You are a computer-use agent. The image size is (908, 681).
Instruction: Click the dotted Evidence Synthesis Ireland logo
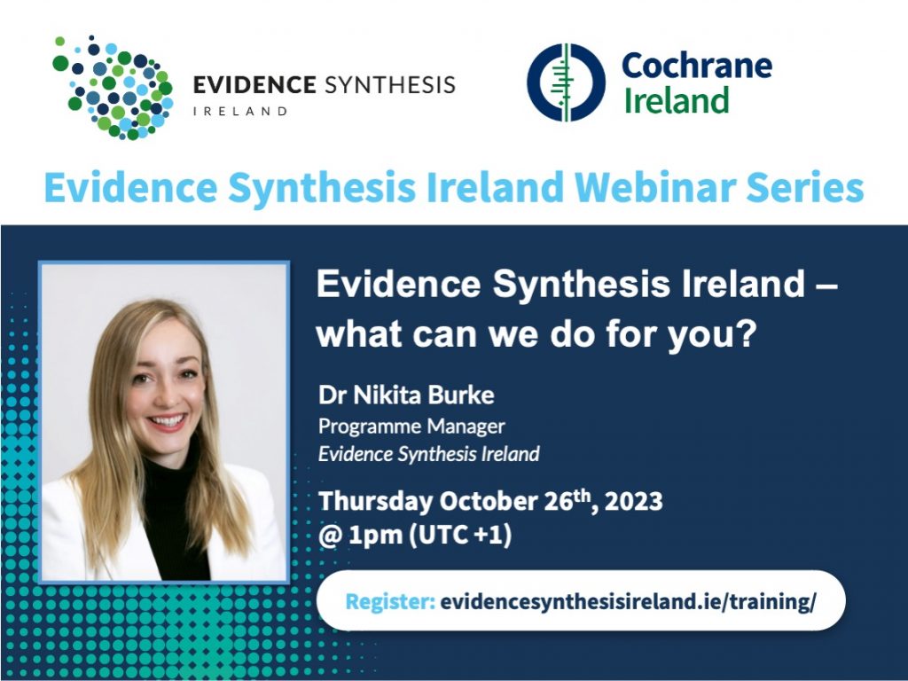point(113,88)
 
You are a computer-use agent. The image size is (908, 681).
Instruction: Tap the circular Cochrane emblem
point(566,82)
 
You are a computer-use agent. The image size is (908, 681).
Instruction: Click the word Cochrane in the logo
point(697,65)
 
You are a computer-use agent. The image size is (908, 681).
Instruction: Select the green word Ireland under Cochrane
point(676,100)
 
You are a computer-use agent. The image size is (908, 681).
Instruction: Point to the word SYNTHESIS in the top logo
point(390,85)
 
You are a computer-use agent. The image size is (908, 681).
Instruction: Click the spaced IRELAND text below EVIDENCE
point(240,111)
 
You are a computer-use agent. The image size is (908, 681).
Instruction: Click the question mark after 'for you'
point(748,333)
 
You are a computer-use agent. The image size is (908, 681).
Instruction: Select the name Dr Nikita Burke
point(406,395)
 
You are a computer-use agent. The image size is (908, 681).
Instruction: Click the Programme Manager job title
point(411,427)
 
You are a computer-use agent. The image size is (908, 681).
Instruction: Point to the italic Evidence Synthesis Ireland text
point(428,453)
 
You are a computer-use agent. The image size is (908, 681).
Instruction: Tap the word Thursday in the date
point(375,501)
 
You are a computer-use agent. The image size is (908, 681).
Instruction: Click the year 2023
point(633,501)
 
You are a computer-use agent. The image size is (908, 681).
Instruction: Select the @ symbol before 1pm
point(330,535)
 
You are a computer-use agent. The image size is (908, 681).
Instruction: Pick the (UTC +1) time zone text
point(460,534)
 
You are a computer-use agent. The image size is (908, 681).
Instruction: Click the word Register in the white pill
point(390,602)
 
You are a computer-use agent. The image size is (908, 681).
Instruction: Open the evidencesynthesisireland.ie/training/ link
point(629,602)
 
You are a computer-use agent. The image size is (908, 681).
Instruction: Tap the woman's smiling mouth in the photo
point(168,421)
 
